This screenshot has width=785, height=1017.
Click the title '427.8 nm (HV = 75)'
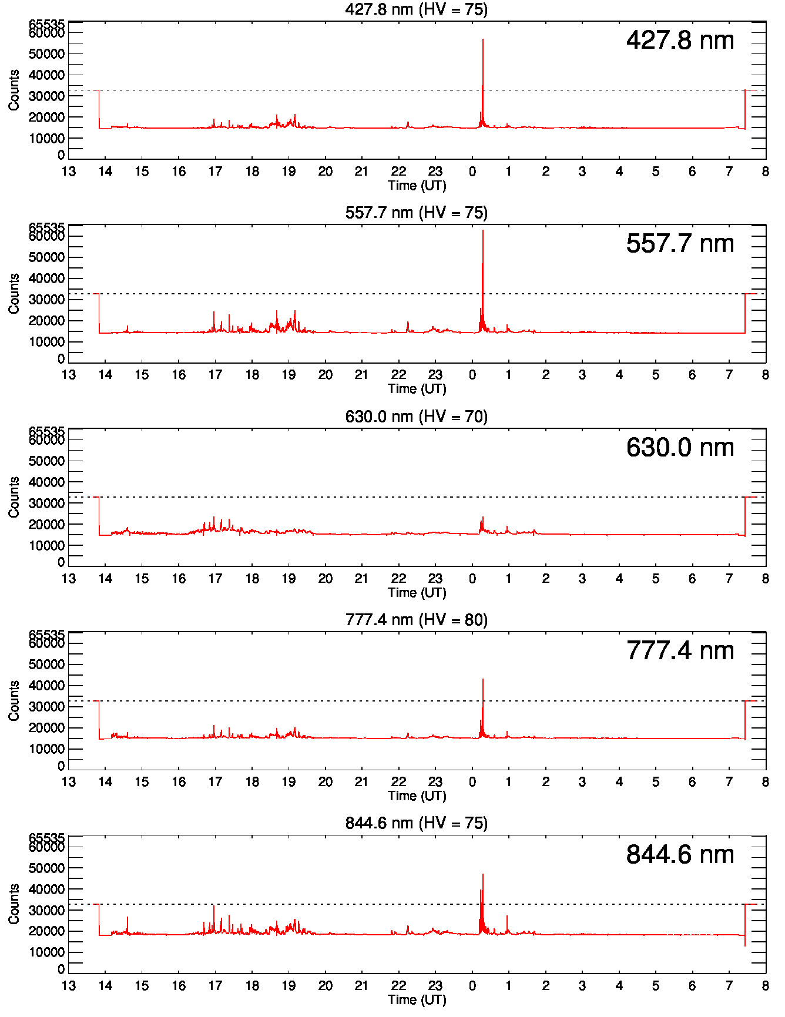pos(416,9)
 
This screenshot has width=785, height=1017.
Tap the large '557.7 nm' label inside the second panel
pos(680,244)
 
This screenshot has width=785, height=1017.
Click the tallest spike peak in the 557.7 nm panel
pos(483,231)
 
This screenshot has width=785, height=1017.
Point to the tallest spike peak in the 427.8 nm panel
pos(483,40)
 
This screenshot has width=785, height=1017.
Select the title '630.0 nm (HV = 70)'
pos(416,417)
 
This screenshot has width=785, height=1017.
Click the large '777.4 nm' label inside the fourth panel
pos(680,651)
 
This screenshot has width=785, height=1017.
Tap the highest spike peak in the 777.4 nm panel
pos(483,680)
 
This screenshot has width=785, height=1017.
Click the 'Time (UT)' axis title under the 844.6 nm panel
pos(417,999)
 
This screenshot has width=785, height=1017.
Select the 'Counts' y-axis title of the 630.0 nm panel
pos(14,497)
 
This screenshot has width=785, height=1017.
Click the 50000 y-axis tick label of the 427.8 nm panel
pos(47,54)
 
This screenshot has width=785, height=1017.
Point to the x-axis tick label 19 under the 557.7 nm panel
pos(288,375)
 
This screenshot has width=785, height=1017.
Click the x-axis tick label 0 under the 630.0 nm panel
pos(472,579)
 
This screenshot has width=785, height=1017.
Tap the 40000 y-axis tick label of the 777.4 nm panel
pos(47,686)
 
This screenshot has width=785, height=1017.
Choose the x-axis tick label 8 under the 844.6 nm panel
pos(765,986)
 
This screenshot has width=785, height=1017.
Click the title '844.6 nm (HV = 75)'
pos(416,823)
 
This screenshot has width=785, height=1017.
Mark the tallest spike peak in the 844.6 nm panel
pos(483,874)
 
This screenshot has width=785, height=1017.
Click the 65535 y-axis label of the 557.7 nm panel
pos(47,227)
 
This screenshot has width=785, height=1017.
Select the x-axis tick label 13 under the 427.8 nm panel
pos(69,172)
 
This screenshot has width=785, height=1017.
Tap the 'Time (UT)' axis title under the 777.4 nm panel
pos(417,796)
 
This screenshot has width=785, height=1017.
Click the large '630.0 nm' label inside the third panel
pos(680,448)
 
